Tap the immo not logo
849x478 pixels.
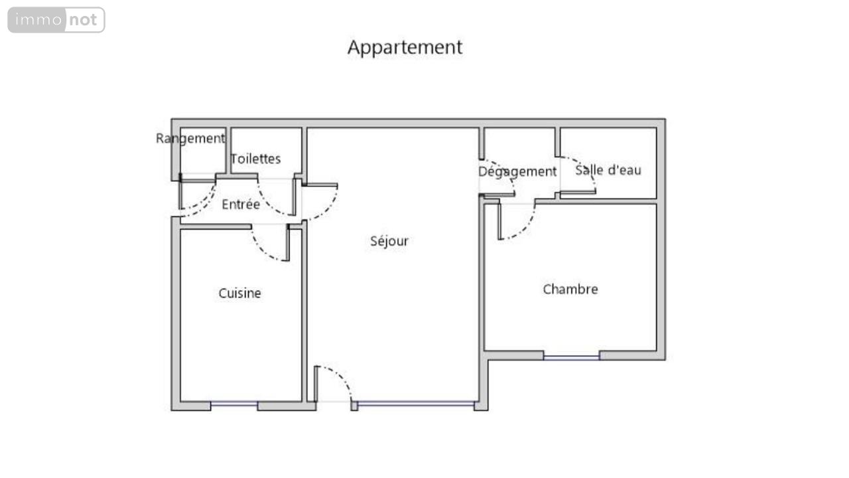click(x=56, y=20)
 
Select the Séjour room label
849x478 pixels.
click(x=389, y=241)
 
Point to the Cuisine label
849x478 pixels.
click(x=239, y=293)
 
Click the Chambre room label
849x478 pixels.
click(x=570, y=289)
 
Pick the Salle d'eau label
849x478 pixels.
click(x=608, y=171)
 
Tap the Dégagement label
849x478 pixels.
click(x=517, y=172)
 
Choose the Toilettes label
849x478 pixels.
click(x=255, y=159)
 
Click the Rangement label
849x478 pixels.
click(x=190, y=139)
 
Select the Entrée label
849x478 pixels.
click(x=241, y=204)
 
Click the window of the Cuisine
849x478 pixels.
click(x=234, y=404)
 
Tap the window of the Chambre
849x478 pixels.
click(x=571, y=357)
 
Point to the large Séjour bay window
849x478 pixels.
click(x=415, y=404)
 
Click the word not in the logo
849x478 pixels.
click(x=83, y=20)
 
